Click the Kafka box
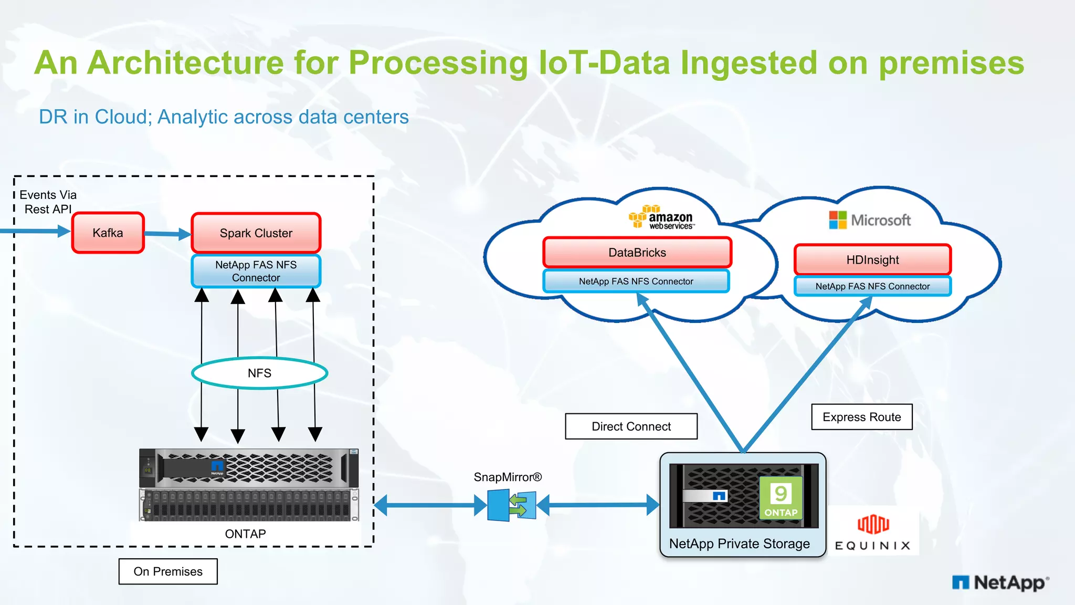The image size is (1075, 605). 108,233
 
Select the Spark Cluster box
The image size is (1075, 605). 256,233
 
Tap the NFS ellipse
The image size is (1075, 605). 259,373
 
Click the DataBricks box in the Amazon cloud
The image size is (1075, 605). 637,253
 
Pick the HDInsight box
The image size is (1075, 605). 872,260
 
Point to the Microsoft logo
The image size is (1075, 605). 870,220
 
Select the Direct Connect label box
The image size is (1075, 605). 631,426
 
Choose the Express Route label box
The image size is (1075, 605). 861,417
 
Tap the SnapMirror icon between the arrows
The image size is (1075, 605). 512,505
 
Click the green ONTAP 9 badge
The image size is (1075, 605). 781,498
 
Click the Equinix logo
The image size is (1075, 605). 873,533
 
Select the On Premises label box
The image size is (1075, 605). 168,571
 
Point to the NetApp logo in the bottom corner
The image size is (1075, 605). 1000,582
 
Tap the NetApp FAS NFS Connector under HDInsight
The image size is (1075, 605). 872,286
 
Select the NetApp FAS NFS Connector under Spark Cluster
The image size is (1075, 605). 256,271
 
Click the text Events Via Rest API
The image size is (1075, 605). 48,202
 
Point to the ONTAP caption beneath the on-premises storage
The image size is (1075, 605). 245,534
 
